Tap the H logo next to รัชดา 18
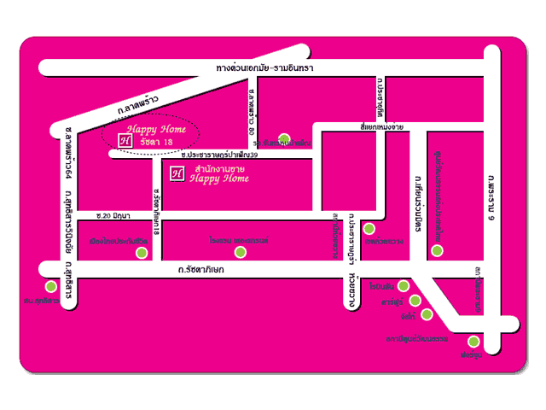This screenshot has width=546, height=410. coord(124,140)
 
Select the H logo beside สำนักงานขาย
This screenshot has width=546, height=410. coord(177,173)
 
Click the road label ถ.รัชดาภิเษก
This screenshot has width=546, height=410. coord(200,270)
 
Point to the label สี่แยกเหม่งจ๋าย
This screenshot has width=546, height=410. coord(381,128)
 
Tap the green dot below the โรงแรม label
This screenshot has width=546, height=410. coord(241,252)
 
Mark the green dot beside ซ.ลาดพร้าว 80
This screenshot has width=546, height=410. coord(284,138)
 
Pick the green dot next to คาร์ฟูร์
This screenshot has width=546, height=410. coord(415,300)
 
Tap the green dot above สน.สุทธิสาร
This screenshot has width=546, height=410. coord(51,286)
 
